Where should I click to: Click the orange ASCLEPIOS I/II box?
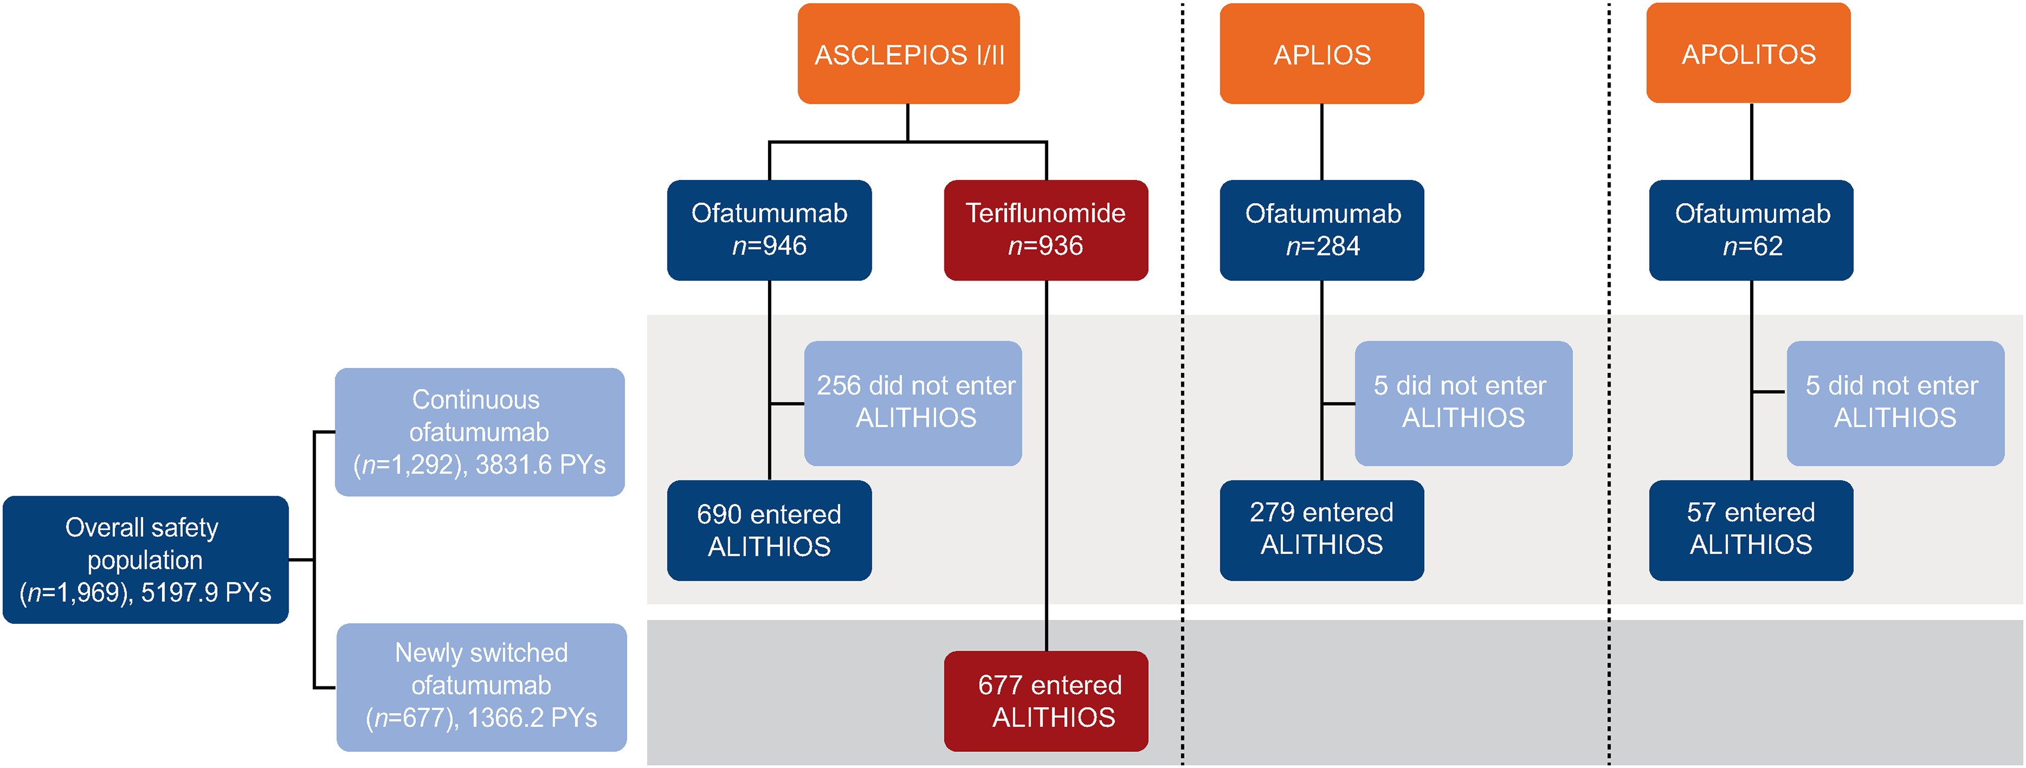click(908, 54)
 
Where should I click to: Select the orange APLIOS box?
click(1322, 54)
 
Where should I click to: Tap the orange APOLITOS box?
click(1748, 52)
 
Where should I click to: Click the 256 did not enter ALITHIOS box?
click(913, 403)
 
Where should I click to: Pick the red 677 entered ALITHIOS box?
click(1046, 701)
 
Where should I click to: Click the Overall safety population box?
click(145, 559)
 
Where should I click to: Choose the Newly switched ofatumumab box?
click(481, 687)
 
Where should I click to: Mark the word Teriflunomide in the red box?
click(1045, 213)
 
